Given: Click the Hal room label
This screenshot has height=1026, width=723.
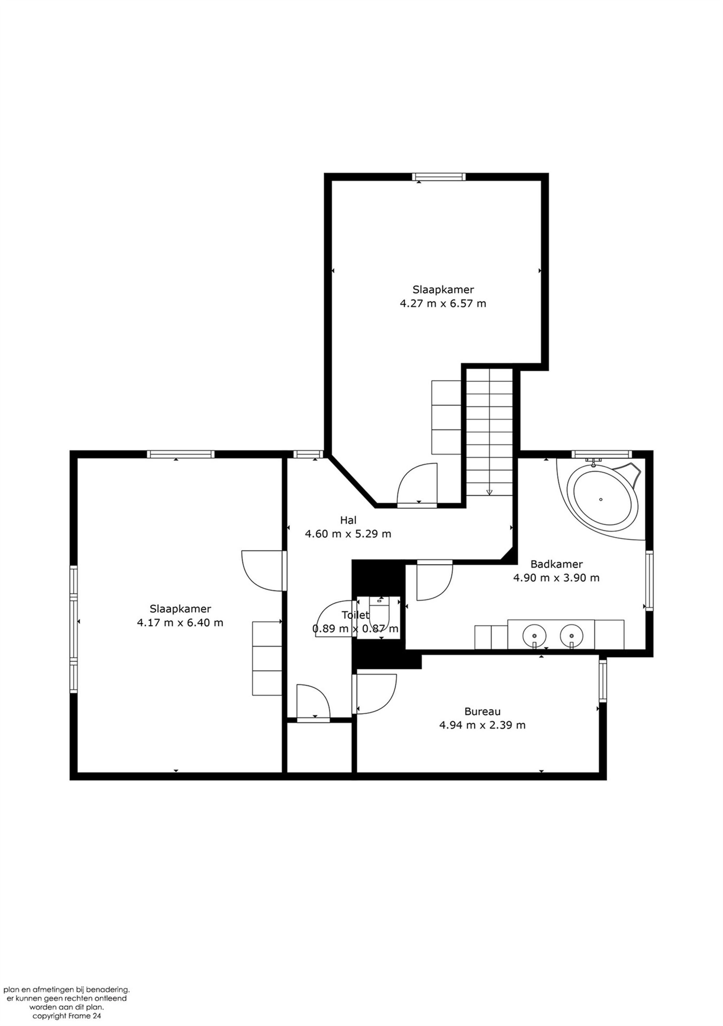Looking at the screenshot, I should [x=348, y=520].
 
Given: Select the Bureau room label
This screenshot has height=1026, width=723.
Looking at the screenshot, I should [x=482, y=711].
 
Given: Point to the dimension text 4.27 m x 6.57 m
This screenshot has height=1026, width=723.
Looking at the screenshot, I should [x=443, y=303].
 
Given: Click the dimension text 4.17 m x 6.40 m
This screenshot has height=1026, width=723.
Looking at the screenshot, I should [x=180, y=623].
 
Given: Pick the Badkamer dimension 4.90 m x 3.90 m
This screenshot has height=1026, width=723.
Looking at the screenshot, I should [x=556, y=577].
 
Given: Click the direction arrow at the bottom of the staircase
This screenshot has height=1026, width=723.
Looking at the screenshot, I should [x=489, y=492].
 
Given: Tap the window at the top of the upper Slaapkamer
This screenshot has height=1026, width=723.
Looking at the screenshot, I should [x=439, y=177].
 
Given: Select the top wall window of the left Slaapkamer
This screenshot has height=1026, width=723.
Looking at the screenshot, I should [x=180, y=454].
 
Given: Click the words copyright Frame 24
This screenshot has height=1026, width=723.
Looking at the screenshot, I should [x=67, y=1016].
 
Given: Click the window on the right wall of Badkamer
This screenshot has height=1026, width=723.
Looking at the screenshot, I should [x=649, y=581].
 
